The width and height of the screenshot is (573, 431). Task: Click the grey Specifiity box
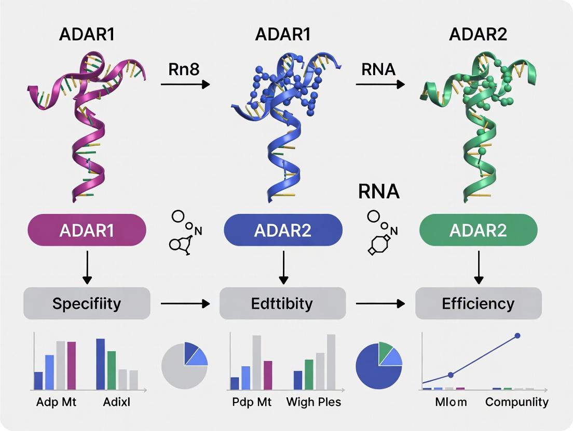[x=87, y=303]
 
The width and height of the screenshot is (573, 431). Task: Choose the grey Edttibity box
[x=283, y=303]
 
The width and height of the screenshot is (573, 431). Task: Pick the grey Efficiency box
[x=478, y=303]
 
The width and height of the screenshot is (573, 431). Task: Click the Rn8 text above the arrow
[x=184, y=69]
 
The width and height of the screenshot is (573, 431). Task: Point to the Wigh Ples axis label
[x=313, y=402]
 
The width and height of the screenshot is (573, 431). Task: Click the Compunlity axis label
[x=516, y=402]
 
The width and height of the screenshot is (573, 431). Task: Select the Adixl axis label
[x=117, y=402]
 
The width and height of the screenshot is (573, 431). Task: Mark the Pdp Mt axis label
[x=251, y=402]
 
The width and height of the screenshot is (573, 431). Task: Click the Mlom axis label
[x=451, y=402]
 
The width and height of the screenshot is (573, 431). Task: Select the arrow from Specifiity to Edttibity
[x=185, y=303]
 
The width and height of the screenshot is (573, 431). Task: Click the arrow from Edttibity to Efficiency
[x=380, y=303]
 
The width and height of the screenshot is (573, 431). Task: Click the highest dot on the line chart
[x=517, y=336]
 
